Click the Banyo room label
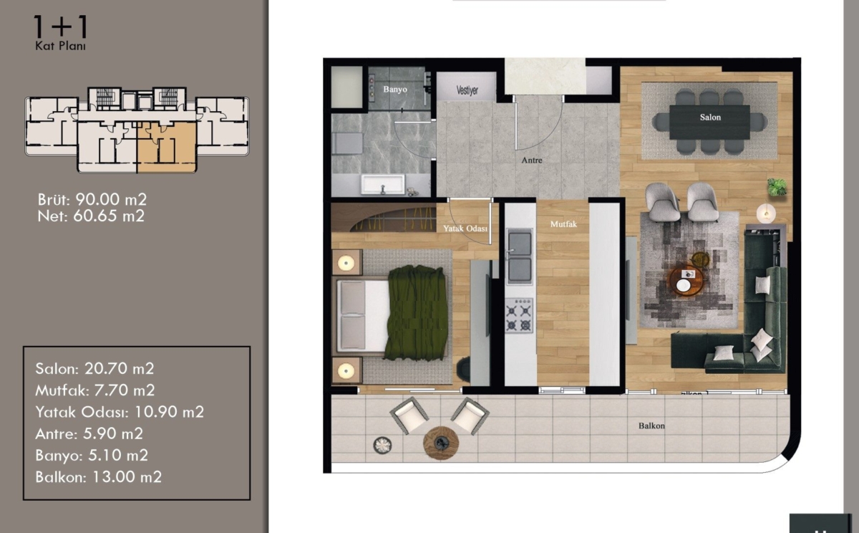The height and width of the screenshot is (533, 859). [395, 90]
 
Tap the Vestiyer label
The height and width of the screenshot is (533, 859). [467, 90]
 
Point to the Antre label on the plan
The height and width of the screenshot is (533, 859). [532, 160]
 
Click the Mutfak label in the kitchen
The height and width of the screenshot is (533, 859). [563, 224]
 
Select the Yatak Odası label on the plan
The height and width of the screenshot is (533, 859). [465, 229]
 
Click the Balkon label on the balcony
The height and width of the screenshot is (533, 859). [651, 426]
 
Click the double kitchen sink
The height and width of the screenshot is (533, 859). [520, 256]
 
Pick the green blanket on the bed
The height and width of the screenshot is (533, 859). [417, 313]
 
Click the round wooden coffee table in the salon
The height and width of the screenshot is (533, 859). [686, 281]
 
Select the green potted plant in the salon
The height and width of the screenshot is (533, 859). [777, 187]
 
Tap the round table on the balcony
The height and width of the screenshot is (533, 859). [441, 443]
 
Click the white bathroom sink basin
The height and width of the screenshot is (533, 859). [383, 185]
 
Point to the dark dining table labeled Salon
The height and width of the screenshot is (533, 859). [709, 122]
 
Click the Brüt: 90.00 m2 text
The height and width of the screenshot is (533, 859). [92, 200]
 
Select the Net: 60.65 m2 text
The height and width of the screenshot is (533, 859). [92, 216]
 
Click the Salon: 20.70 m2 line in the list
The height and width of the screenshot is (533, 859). [94, 368]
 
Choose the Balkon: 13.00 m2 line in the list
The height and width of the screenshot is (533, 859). [99, 477]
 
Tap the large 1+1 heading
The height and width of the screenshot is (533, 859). [60, 27]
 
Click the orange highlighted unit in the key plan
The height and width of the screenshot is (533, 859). [168, 147]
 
